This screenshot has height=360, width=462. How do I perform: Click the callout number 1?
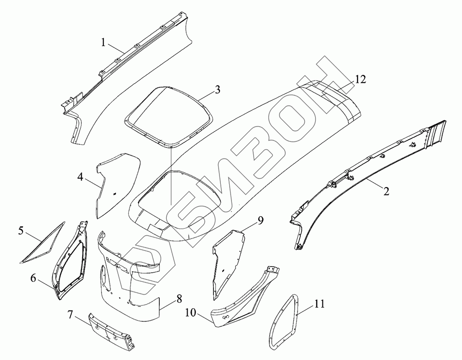[x=104, y=43]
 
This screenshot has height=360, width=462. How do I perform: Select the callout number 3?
[x=217, y=89]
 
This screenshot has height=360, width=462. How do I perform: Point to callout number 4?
[x=80, y=177]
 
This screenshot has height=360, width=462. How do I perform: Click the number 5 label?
[x=21, y=229]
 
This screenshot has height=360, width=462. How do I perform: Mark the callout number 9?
[x=261, y=220]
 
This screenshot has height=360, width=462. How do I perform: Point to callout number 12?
[x=360, y=79]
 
